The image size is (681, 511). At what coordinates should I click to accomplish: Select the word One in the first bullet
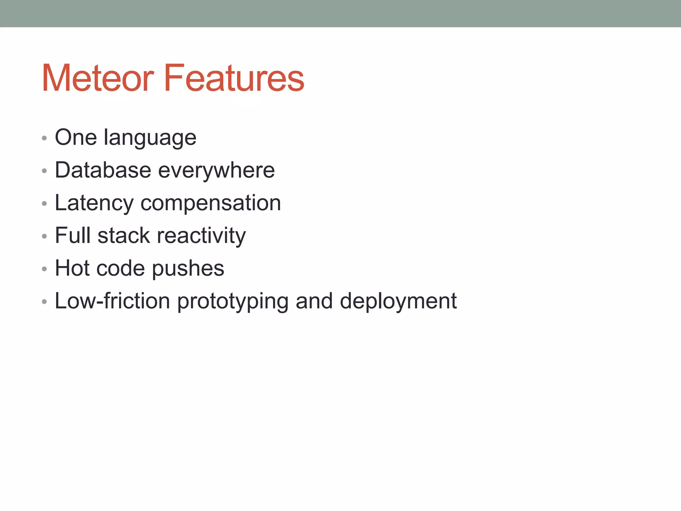click(x=76, y=137)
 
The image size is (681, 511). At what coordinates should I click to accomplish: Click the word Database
click(x=103, y=170)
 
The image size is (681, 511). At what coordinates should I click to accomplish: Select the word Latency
click(x=94, y=203)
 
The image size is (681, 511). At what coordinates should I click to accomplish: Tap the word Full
click(x=72, y=235)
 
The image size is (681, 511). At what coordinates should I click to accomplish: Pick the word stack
click(x=124, y=236)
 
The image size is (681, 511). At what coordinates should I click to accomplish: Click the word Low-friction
click(x=112, y=301)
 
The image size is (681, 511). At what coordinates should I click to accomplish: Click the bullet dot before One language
click(x=45, y=138)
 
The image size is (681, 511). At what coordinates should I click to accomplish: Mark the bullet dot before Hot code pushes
click(x=45, y=269)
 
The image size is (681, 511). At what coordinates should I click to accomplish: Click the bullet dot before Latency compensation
click(x=45, y=204)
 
